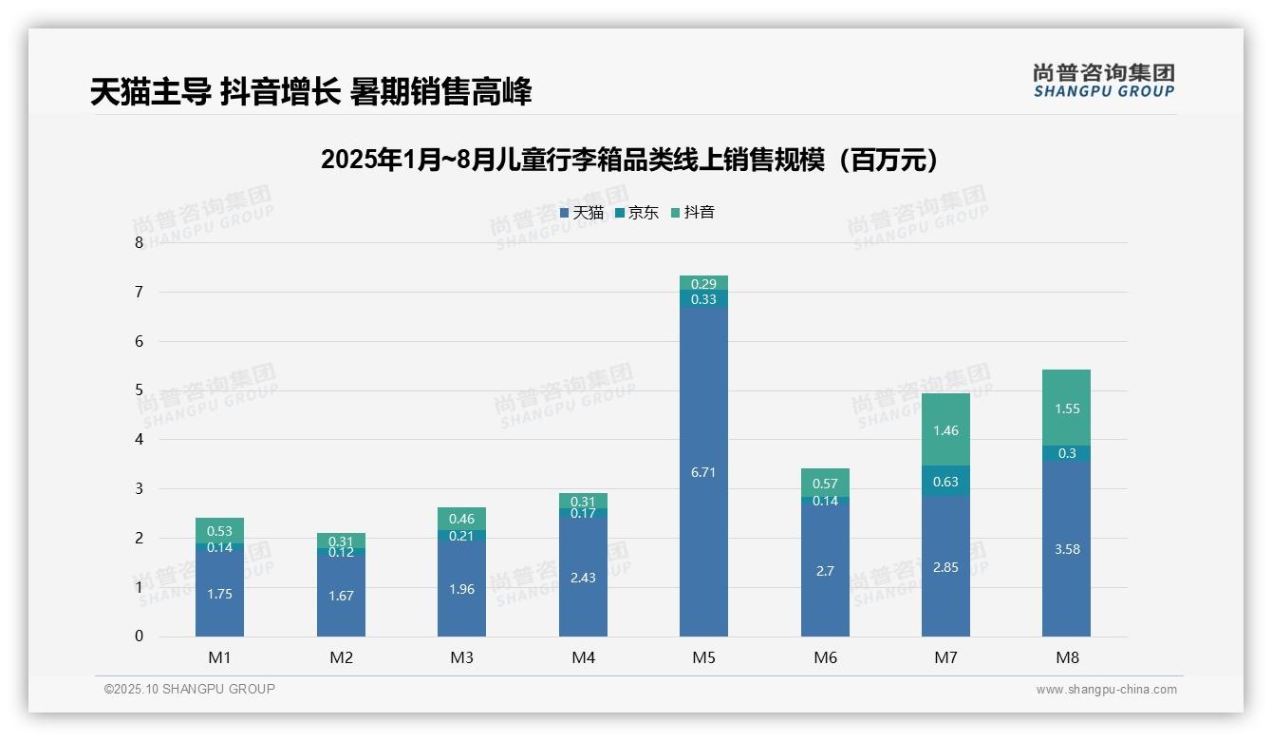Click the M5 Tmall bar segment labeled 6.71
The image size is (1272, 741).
click(x=703, y=472)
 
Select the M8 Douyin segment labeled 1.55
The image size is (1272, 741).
click(x=1066, y=408)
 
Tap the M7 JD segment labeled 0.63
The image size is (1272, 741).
click(x=945, y=481)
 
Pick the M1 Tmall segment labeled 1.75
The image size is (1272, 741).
click(x=219, y=594)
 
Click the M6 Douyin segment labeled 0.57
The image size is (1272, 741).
click(x=825, y=483)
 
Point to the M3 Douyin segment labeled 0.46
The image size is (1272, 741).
click(x=461, y=519)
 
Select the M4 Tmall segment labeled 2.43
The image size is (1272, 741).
click(x=583, y=577)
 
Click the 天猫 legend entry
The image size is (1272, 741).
click(x=582, y=213)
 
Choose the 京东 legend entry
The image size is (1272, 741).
click(x=637, y=213)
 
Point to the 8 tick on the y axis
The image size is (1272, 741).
click(x=140, y=242)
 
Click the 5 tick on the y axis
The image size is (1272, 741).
click(x=140, y=390)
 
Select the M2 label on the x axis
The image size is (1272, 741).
click(x=341, y=657)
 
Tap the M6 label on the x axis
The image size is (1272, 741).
click(x=825, y=657)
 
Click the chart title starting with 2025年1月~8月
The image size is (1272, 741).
click(x=629, y=160)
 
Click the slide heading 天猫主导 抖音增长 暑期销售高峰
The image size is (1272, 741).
click(x=311, y=91)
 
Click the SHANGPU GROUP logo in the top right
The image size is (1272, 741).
click(x=1103, y=81)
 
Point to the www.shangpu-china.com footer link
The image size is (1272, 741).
click(x=1106, y=690)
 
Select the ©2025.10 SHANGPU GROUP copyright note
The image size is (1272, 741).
click(x=190, y=690)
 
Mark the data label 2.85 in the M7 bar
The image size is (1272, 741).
click(x=945, y=567)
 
